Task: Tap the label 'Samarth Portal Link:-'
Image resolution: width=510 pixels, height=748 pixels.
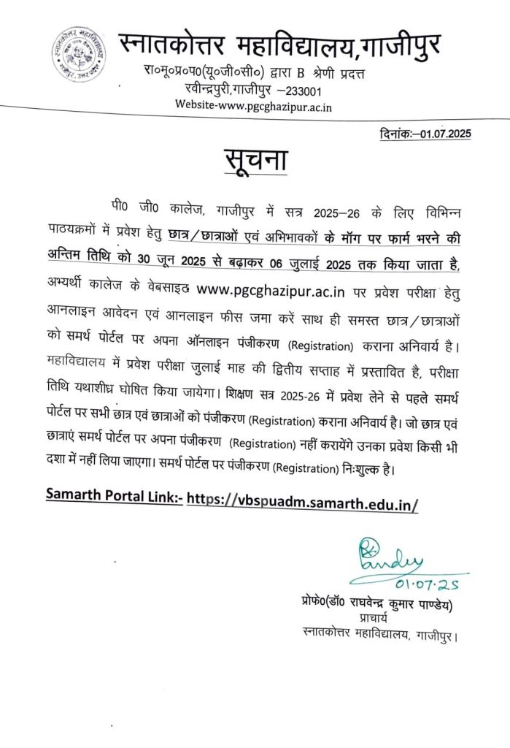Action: click(114, 495)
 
